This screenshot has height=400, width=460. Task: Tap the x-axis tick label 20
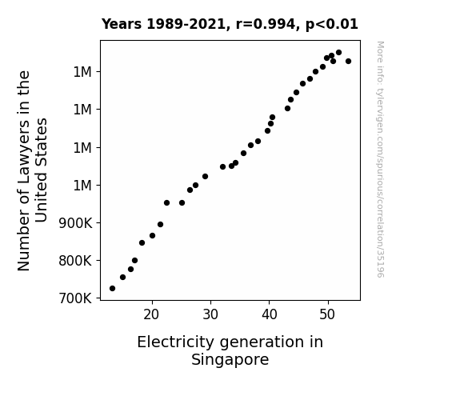click(151, 314)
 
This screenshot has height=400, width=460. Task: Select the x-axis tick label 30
click(210, 314)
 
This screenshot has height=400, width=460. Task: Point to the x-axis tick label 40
click(270, 314)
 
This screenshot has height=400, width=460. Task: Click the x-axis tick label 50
click(327, 314)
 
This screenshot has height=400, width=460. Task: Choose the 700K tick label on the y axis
click(75, 298)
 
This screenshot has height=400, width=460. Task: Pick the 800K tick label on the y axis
click(75, 261)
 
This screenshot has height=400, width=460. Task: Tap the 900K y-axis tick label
click(75, 223)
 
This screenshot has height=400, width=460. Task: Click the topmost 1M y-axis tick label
click(82, 72)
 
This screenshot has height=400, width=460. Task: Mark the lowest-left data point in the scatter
click(112, 288)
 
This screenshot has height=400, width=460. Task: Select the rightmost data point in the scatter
click(348, 61)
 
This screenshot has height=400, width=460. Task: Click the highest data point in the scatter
click(338, 52)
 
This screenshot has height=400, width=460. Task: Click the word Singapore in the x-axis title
click(230, 360)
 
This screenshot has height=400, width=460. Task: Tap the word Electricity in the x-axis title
click(175, 342)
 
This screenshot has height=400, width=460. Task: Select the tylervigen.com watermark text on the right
click(380, 159)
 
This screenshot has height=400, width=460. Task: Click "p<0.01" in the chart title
click(332, 25)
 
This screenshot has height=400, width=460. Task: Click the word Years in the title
click(122, 24)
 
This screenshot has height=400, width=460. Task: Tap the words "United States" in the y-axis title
click(41, 170)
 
